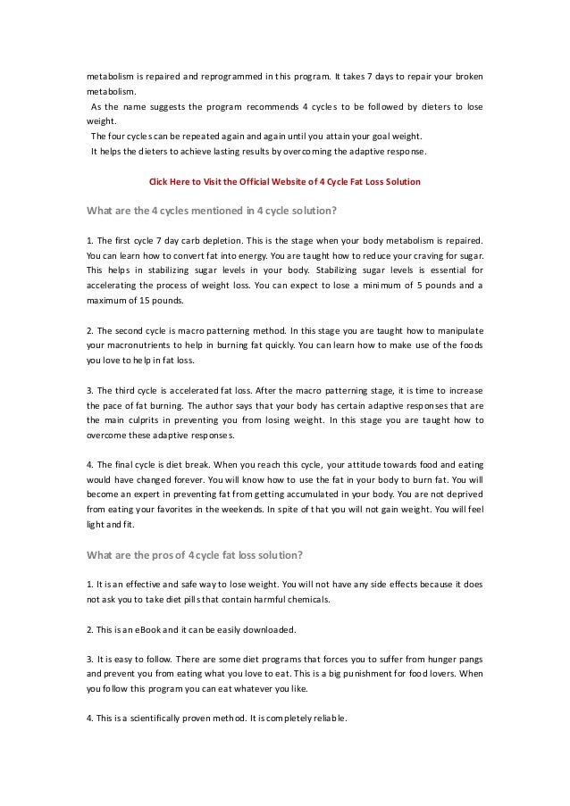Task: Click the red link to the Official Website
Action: [284, 182]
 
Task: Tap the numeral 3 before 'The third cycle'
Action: [88, 390]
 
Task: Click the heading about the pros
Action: [194, 554]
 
